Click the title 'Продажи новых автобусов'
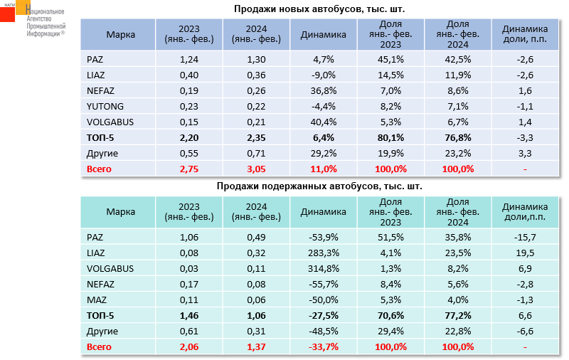[324, 9]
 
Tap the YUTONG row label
[101, 106]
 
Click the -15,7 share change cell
[525, 237]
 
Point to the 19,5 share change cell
[525, 253]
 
